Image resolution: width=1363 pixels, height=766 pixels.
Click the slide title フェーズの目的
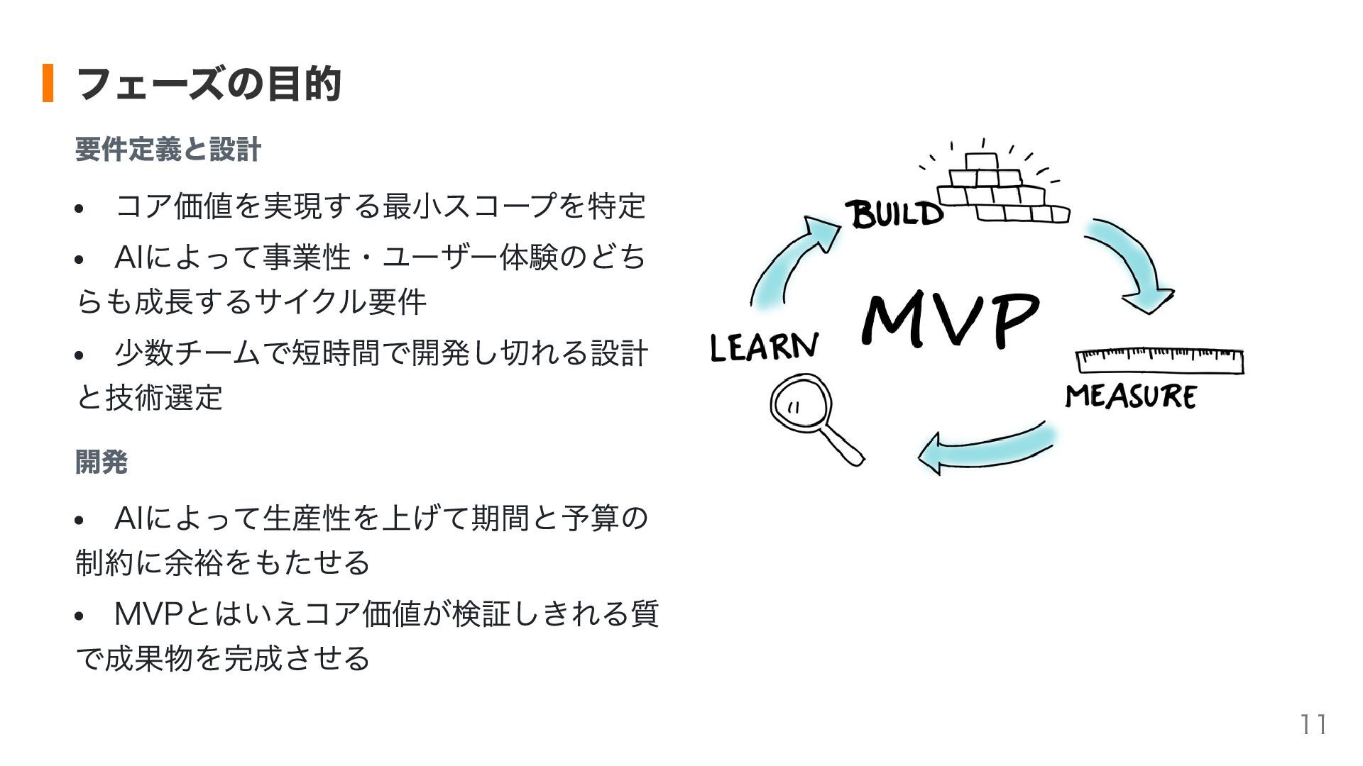[x=208, y=84]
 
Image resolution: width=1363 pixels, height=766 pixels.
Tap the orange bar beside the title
[x=48, y=83]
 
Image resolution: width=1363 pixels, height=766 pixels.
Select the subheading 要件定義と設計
[x=168, y=150]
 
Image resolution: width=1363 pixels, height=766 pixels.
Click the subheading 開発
[x=102, y=462]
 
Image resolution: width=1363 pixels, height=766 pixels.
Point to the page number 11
[x=1313, y=725]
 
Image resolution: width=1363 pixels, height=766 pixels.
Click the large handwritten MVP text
[x=950, y=319]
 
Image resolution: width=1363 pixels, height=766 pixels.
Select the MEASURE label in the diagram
[x=1130, y=396]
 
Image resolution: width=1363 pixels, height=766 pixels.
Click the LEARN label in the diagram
[x=764, y=347]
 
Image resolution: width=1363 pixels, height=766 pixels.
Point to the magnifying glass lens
[x=800, y=406]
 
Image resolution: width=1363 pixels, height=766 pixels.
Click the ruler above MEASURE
[x=1159, y=360]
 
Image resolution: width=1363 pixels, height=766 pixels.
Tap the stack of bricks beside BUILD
[x=1002, y=190]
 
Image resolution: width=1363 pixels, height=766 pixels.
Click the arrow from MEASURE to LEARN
[x=987, y=448]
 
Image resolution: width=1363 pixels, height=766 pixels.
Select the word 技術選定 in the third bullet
[x=164, y=397]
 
